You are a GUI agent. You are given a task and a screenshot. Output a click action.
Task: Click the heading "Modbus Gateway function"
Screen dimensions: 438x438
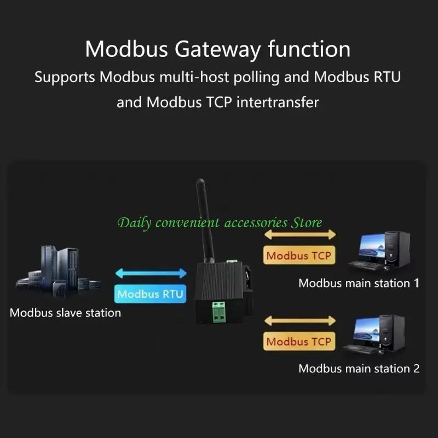(218, 49)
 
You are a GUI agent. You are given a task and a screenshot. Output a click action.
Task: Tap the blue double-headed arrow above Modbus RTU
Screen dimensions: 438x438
(151, 273)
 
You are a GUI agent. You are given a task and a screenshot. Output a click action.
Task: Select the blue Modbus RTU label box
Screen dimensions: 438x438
(151, 294)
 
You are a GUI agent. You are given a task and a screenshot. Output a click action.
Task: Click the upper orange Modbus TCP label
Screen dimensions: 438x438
(298, 255)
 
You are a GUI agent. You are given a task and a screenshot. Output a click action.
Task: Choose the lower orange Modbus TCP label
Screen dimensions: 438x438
(298, 342)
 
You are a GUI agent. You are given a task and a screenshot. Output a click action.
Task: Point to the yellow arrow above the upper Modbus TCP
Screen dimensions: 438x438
(299, 234)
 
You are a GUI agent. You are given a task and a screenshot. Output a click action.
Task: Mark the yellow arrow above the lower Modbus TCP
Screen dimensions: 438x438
(299, 321)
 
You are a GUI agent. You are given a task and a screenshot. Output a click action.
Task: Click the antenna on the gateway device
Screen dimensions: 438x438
(205, 219)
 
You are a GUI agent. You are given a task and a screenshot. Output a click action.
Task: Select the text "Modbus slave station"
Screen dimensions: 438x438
(65, 313)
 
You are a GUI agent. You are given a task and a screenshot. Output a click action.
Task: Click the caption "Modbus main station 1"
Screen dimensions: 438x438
(359, 284)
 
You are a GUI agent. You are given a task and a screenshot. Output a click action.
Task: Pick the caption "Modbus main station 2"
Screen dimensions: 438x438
(359, 368)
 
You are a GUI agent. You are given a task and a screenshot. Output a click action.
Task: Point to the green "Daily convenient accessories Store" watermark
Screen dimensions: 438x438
(220, 223)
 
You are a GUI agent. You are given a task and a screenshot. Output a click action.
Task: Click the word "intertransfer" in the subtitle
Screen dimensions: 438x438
(278, 102)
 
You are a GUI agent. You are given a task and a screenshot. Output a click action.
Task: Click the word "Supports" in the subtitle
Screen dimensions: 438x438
(65, 77)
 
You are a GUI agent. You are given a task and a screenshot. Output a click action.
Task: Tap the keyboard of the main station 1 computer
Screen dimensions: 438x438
(364, 265)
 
